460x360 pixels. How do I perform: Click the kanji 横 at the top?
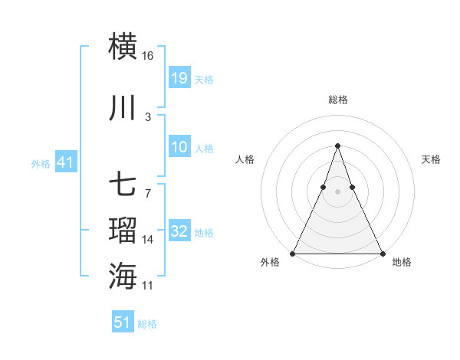click(x=123, y=46)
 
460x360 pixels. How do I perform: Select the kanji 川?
click(x=123, y=109)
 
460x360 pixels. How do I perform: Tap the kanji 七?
click(x=123, y=186)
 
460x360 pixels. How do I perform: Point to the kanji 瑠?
click(x=123, y=231)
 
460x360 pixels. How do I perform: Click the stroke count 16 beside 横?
click(x=148, y=56)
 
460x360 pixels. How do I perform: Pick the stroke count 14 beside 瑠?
click(x=148, y=240)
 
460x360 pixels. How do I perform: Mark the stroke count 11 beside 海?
click(x=148, y=286)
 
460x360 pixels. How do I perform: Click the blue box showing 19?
click(x=179, y=78)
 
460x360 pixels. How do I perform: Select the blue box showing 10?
click(x=179, y=148)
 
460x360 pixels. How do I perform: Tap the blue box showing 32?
click(x=179, y=232)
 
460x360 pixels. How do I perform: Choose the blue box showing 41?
click(x=65, y=163)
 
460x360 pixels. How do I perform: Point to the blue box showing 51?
click(x=123, y=322)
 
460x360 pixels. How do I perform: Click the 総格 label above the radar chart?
click(x=338, y=100)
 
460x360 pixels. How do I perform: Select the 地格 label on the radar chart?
click(x=402, y=262)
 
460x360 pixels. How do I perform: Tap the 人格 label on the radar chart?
click(x=245, y=159)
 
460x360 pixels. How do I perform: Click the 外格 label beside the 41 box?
click(x=40, y=164)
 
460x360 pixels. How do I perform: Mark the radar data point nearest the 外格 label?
click(x=293, y=254)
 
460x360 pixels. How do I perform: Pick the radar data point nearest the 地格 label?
click(x=383, y=254)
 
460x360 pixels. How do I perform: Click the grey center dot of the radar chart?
click(x=338, y=191)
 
